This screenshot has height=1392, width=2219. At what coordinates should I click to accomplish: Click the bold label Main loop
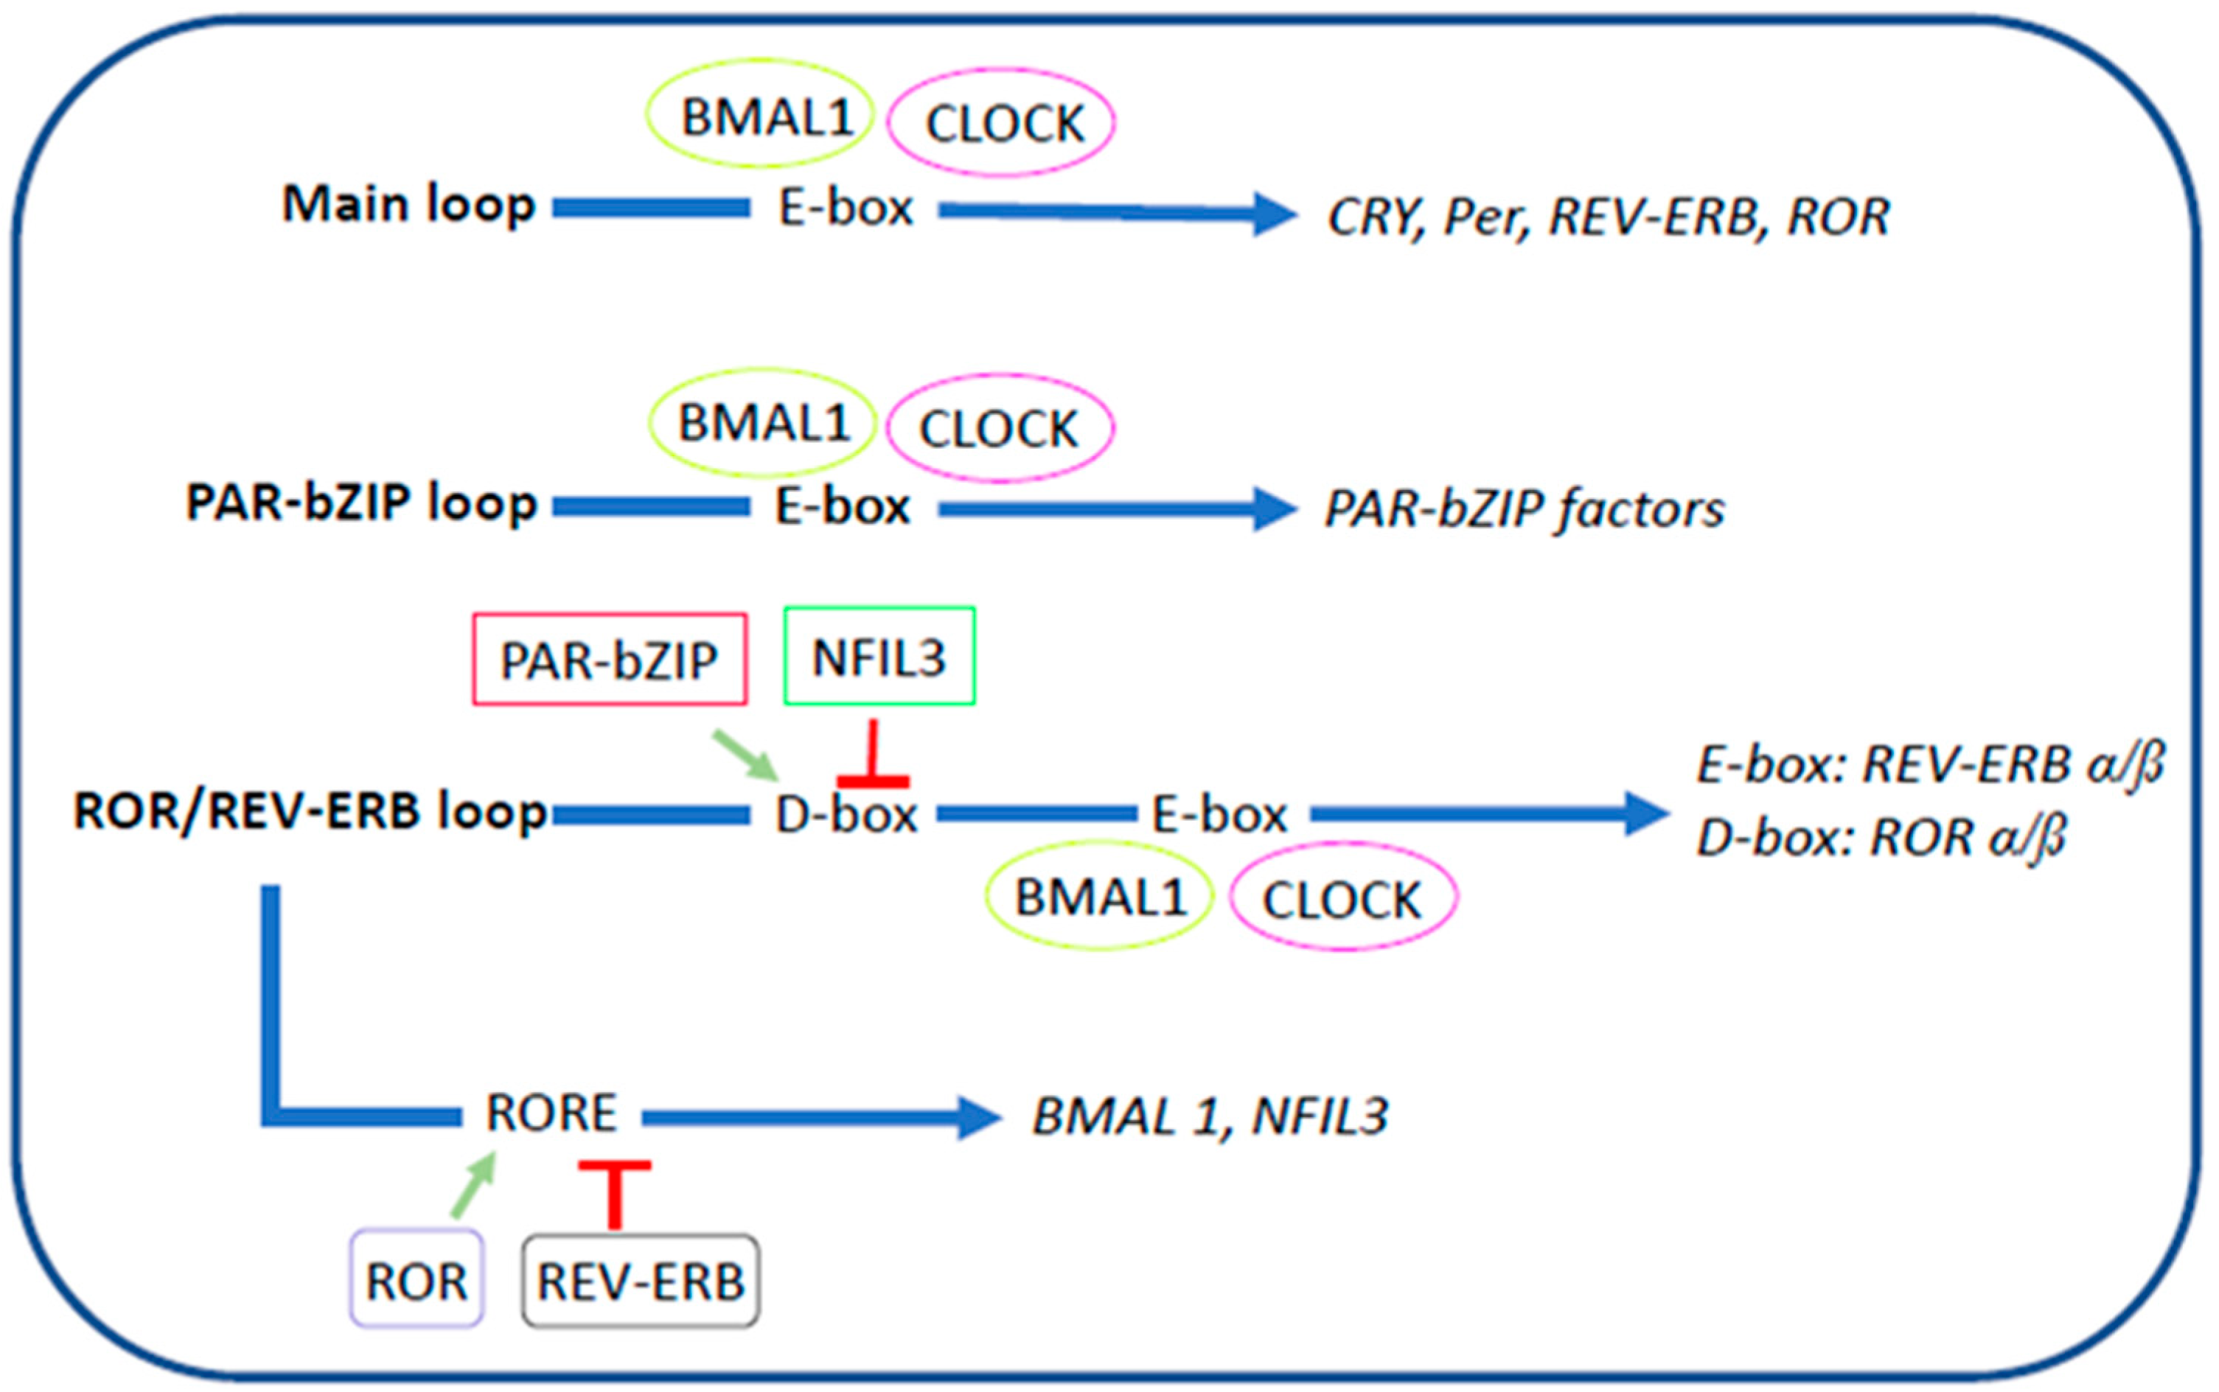coord(408,203)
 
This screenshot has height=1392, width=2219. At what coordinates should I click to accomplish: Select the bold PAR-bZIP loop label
coord(361,503)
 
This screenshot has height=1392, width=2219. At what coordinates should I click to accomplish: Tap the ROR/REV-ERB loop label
coord(310,811)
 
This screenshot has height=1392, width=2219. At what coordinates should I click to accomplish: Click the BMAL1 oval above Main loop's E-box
coord(761,114)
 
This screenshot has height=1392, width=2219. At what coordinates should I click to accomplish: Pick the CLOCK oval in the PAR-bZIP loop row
coord(1000,428)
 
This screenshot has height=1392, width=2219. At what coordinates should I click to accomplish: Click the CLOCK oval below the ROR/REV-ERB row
coord(1342,898)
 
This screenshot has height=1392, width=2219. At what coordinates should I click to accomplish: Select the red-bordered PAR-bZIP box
coord(609,660)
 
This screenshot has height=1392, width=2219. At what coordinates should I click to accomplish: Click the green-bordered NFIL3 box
coord(879,657)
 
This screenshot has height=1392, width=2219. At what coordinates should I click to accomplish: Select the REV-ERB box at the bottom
coord(640,1281)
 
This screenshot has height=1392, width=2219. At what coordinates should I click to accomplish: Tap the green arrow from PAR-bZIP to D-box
coord(744,753)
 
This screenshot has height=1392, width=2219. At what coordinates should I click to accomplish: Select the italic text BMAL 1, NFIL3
coord(1209,1116)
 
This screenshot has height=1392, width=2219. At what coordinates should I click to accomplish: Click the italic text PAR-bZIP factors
coord(1524,509)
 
